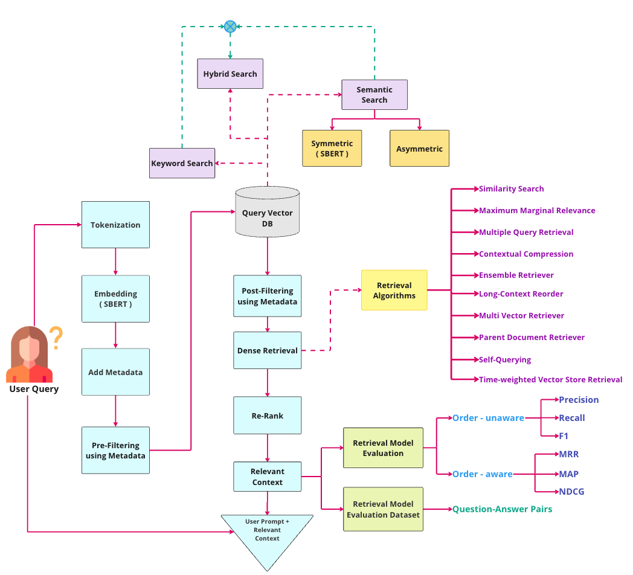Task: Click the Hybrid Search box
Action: [x=230, y=74]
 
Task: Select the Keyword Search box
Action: [x=182, y=163]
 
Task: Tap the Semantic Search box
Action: [x=374, y=95]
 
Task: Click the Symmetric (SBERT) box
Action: [x=332, y=149]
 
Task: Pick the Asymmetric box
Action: [x=419, y=149]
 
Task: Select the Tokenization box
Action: [x=115, y=225]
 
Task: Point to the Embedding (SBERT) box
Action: [x=115, y=298]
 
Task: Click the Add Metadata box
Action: [x=115, y=372]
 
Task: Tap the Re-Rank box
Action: [x=267, y=416]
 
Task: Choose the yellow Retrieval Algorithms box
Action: [x=394, y=291]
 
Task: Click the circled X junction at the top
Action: [x=230, y=26]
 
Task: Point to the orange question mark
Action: [x=56, y=338]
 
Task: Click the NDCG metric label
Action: [x=571, y=492]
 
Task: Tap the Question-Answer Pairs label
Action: [x=502, y=509]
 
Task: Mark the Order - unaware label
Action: [x=488, y=418]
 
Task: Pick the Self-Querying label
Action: [x=505, y=359]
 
